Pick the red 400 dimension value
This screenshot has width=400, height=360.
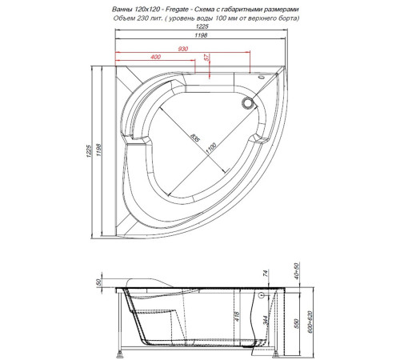click(x=155, y=58)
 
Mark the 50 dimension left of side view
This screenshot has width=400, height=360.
click(x=98, y=283)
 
